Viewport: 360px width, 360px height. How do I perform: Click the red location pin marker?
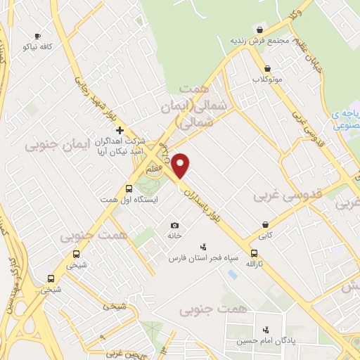[181, 165]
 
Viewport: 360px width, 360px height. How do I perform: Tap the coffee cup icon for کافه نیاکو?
[37, 36]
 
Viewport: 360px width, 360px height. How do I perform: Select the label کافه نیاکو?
[39, 46]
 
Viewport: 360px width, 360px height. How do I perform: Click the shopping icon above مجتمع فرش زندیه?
[261, 30]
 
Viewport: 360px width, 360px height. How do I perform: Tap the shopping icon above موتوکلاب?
[267, 68]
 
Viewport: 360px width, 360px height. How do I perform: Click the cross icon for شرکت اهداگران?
[120, 130]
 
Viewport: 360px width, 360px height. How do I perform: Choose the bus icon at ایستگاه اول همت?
[129, 188]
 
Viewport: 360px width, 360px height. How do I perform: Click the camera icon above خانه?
[174, 225]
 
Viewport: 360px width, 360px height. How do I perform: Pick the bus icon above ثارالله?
[254, 255]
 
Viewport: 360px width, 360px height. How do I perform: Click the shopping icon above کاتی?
[264, 226]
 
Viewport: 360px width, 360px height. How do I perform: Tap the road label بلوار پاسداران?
[209, 211]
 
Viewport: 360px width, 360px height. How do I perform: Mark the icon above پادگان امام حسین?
[266, 329]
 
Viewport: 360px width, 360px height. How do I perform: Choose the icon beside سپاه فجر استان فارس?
[202, 247]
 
